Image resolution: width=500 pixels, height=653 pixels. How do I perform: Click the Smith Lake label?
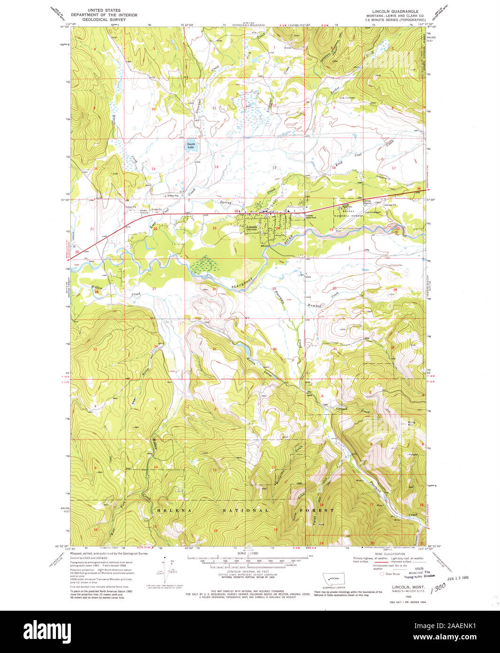coord(191,146)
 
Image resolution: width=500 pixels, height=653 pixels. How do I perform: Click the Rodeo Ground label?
coord(144,211)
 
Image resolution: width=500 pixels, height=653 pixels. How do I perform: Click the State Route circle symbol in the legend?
coord(382,574)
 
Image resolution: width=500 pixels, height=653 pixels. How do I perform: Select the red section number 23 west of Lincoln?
coord(215,228)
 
